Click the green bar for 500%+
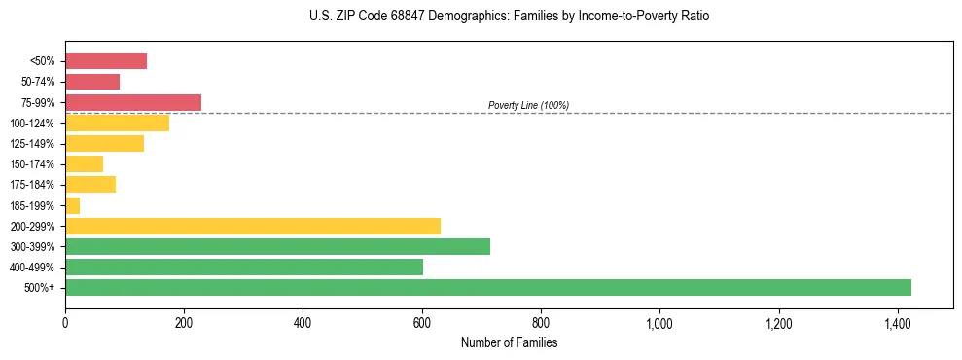click(487, 287)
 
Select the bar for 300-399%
click(277, 246)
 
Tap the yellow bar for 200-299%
click(252, 226)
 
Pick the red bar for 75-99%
click(133, 102)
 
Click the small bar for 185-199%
click(72, 205)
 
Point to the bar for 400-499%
click(243, 267)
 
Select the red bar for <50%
click(106, 61)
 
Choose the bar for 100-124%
click(117, 123)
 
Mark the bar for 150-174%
click(84, 163)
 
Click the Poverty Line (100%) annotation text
click(528, 105)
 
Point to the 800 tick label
click(541, 322)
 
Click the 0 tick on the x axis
click(65, 322)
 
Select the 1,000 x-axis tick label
click(659, 322)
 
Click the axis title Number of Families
click(509, 342)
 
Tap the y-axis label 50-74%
click(37, 82)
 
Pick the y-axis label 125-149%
click(32, 144)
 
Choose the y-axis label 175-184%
click(32, 185)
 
